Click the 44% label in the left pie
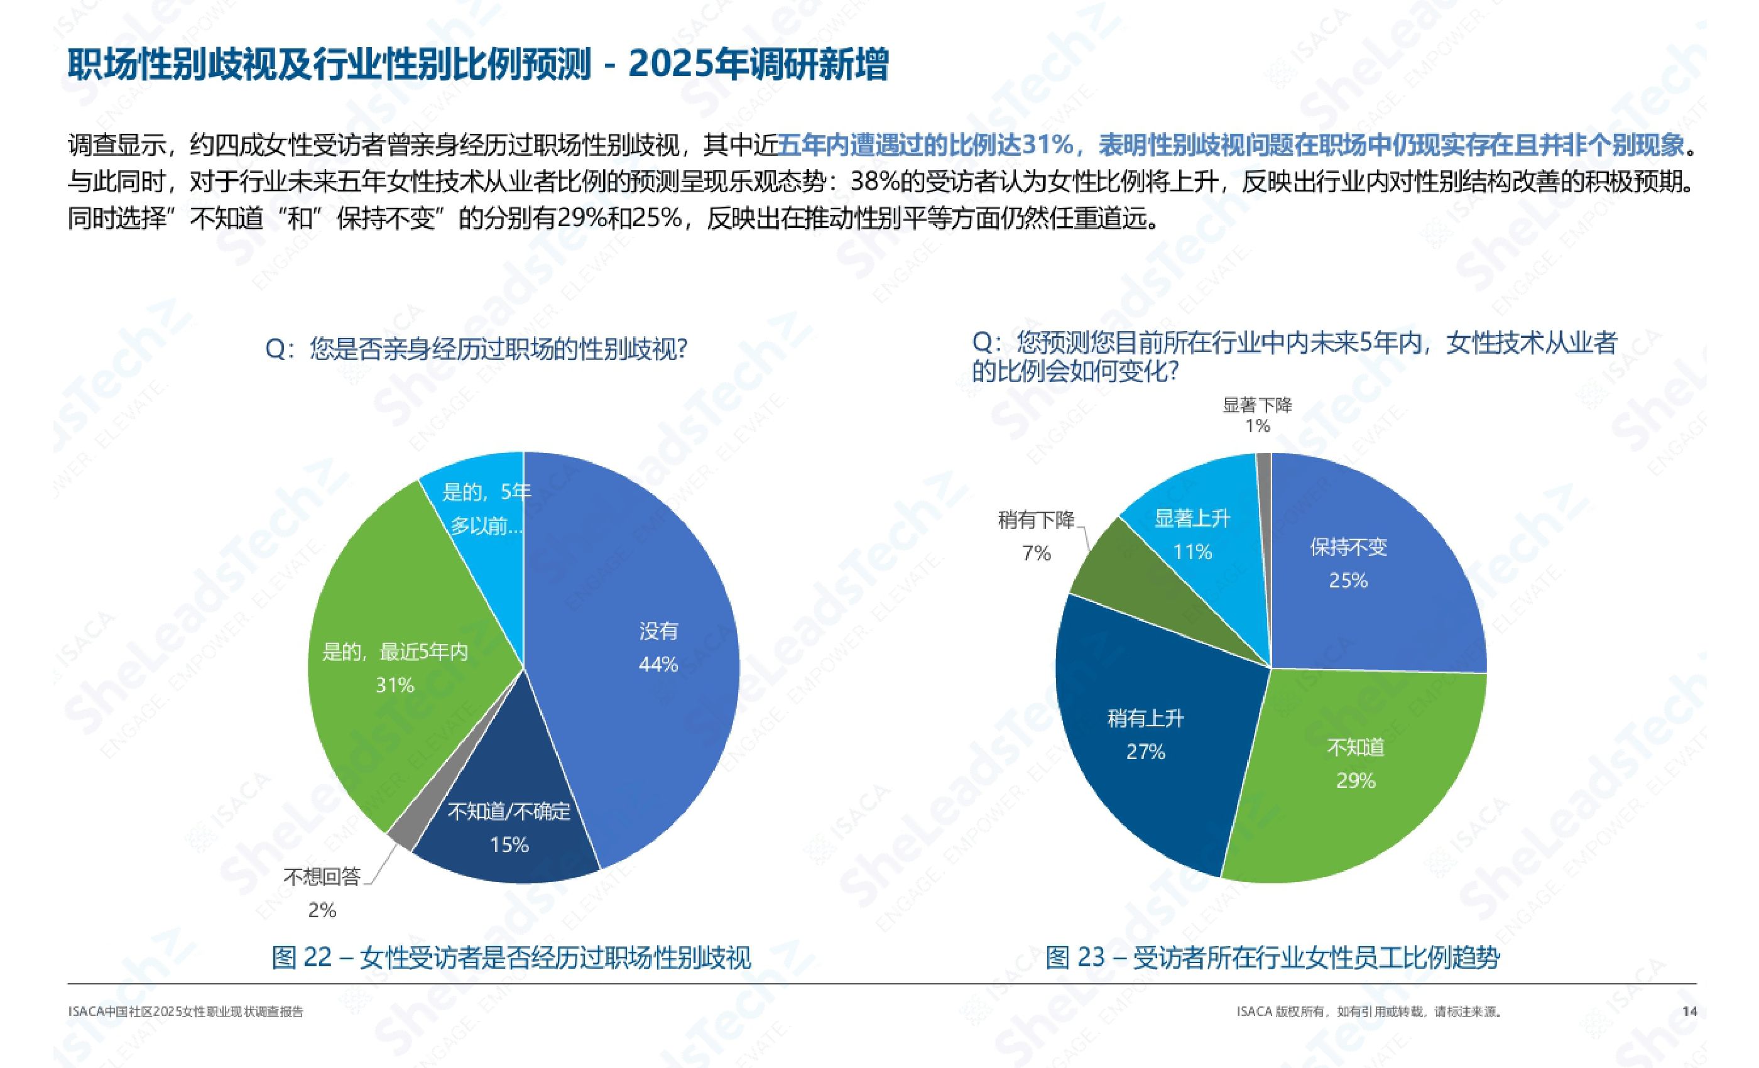[x=658, y=665]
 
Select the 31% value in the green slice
[x=395, y=685]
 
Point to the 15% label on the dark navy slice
[x=509, y=845]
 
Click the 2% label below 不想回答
[x=322, y=910]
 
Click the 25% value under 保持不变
[x=1348, y=580]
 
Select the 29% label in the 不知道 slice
[x=1356, y=780]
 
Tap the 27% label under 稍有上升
[x=1145, y=752]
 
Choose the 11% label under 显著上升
[x=1192, y=552]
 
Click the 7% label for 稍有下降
[x=1036, y=553]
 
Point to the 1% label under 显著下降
[x=1257, y=426]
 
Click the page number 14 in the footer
[x=1689, y=1011]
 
